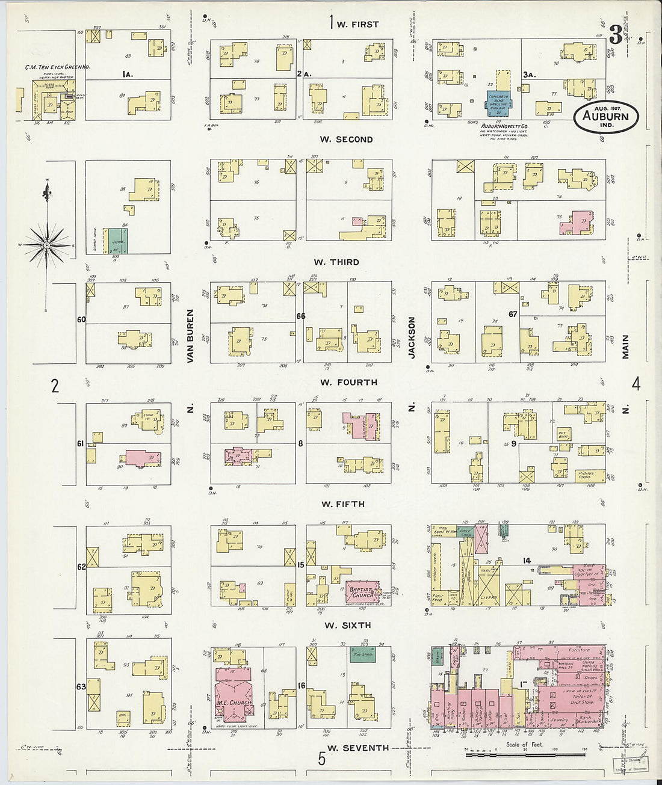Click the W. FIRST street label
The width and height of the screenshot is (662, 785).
point(357,25)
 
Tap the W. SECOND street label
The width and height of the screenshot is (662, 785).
point(346,140)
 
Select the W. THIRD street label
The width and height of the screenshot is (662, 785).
point(336,262)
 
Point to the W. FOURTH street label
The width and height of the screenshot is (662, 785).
point(348,382)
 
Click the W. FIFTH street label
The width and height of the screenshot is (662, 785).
point(342,504)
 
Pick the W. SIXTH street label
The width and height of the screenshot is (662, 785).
point(348,626)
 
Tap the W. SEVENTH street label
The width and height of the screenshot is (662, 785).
point(357,748)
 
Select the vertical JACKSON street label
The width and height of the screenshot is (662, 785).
point(412,338)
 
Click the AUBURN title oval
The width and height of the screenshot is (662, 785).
point(605,117)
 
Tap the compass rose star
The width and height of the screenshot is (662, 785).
point(46,245)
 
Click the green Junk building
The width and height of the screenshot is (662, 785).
point(117,241)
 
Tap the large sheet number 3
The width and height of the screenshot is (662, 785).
point(615,35)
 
